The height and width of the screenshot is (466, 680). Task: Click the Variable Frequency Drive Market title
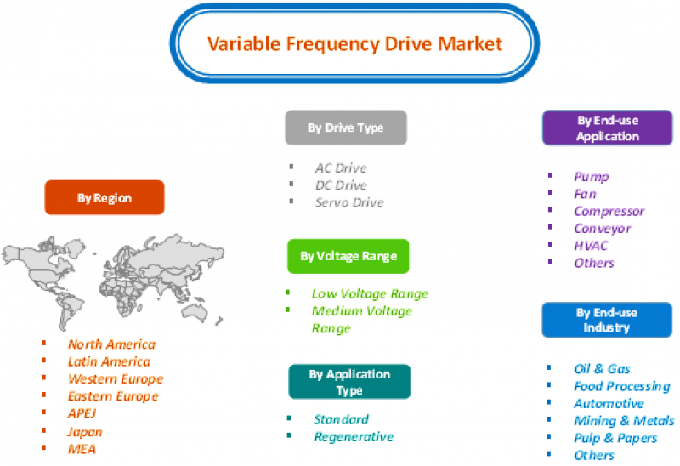pos(354,44)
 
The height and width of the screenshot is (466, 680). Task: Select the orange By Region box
pos(105,197)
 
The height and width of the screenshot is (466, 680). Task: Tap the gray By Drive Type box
pos(346,128)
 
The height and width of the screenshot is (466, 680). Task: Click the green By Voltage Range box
pos(348,256)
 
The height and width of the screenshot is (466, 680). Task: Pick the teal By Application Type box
pos(349,382)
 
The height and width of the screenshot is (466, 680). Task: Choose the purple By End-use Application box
pos(607,128)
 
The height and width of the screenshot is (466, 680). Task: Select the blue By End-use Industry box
pos(607,320)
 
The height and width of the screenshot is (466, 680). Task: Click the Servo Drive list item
pos(349,202)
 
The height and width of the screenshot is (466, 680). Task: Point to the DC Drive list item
pos(342,185)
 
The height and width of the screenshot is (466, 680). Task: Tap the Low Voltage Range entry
pos(370,294)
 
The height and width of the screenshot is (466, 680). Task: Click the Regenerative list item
pos(354,437)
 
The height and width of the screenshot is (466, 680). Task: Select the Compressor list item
pos(609,212)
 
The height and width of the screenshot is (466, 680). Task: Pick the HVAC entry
pos(591,246)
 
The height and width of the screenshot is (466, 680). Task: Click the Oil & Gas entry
pos(602,369)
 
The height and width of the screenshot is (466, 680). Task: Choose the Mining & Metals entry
pos(624,421)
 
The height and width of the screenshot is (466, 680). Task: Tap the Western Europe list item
pos(116,379)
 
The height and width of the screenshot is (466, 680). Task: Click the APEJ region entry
pos(82,413)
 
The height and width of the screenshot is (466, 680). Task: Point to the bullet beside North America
pos(44,344)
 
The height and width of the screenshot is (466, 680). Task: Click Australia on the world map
pos(195,310)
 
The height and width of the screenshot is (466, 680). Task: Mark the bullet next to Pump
pos(550,175)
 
